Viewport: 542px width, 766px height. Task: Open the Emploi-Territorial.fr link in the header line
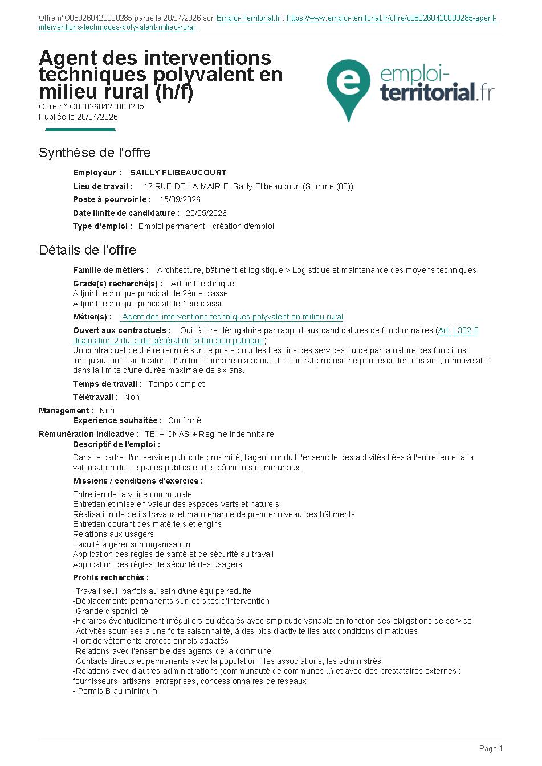tap(248, 18)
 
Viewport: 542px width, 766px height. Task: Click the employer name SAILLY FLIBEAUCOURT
tap(178, 173)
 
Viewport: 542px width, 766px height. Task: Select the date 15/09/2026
tap(180, 199)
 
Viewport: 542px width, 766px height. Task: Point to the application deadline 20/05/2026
tap(206, 213)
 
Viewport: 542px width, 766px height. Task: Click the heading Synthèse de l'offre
tap(95, 153)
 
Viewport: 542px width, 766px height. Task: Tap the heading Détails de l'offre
tap(87, 250)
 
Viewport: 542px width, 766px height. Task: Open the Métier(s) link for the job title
tap(233, 317)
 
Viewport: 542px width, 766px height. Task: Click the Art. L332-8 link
tap(458, 330)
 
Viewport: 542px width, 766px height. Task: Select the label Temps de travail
tap(107, 384)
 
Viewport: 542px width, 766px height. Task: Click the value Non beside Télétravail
tap(132, 397)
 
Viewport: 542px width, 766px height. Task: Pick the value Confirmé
tap(185, 420)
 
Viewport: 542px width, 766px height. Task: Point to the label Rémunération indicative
tap(88, 434)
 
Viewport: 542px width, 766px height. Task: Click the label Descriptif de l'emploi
tap(116, 444)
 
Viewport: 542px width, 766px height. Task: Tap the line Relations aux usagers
tap(113, 534)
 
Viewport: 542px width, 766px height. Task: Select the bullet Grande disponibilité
tap(111, 611)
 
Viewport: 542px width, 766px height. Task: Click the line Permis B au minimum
tap(116, 691)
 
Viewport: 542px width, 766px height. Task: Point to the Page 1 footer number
tap(491, 748)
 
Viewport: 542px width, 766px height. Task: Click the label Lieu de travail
tap(103, 186)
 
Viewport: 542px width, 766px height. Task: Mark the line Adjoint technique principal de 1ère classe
tap(148, 304)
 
